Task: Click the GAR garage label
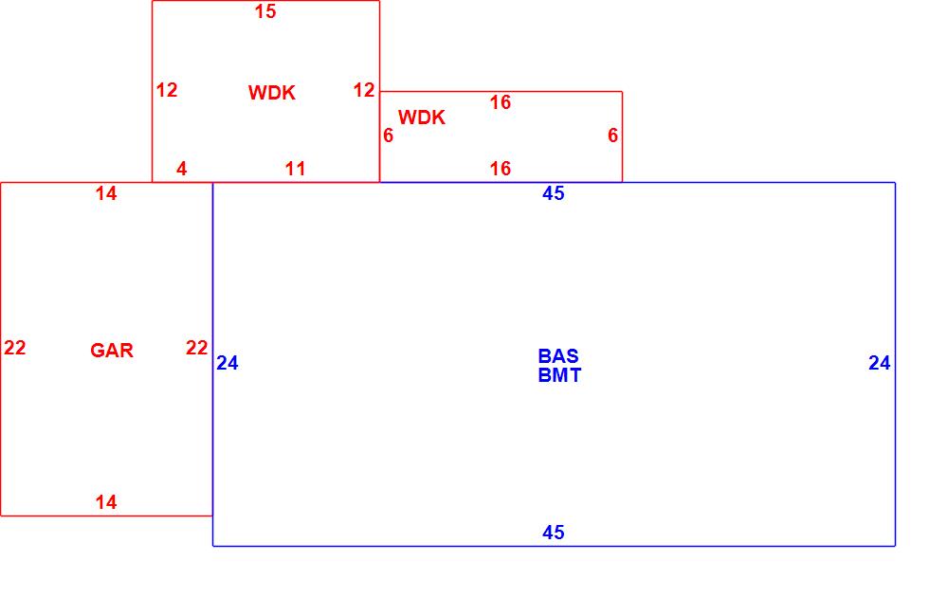coord(112,351)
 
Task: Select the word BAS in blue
coord(558,356)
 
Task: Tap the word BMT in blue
coord(559,375)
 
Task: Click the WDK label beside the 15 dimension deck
coord(272,93)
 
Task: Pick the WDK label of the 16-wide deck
coord(422,118)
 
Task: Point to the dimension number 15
coord(265,12)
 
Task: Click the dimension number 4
coord(182,169)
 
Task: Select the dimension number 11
coord(296,169)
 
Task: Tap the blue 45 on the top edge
coord(554,193)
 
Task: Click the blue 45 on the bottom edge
coord(554,533)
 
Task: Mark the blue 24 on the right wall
coord(880,363)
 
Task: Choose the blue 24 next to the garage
coord(228,363)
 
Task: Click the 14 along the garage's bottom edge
coord(106,502)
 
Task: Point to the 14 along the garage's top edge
coord(106,193)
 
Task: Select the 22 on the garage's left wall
coord(15,348)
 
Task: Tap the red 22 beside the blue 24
coord(196,348)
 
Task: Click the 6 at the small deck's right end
coord(613,136)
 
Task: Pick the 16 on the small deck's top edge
coord(501,102)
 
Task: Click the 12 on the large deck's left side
coord(167,90)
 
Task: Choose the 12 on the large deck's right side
coord(364,90)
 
